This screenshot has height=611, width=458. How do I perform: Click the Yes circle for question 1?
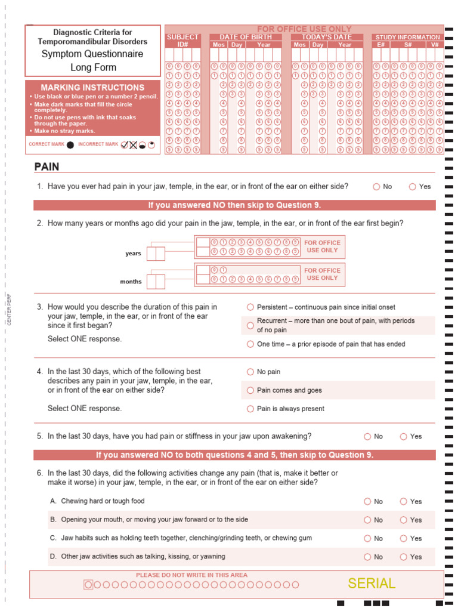pyautogui.click(x=412, y=187)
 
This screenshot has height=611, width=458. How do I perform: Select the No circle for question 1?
pyautogui.click(x=376, y=187)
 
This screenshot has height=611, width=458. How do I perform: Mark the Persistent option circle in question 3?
pyautogui.click(x=250, y=307)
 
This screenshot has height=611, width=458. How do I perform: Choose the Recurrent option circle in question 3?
pyautogui.click(x=250, y=325)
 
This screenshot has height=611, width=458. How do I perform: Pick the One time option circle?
pyautogui.click(x=250, y=344)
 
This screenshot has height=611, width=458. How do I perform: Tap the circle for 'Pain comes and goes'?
pyautogui.click(x=250, y=390)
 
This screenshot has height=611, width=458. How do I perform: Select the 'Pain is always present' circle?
pyautogui.click(x=250, y=409)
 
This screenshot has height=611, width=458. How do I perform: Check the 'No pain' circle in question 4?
pyautogui.click(x=250, y=372)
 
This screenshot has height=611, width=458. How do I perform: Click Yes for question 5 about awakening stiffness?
pyautogui.click(x=404, y=436)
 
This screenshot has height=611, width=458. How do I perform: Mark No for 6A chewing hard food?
pyautogui.click(x=367, y=502)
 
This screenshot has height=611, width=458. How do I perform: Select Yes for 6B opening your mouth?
pyautogui.click(x=404, y=520)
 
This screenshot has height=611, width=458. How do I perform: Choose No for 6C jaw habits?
pyautogui.click(x=367, y=538)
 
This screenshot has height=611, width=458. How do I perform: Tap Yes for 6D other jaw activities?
pyautogui.click(x=404, y=557)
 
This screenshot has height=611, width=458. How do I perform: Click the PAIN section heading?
pyautogui.click(x=47, y=166)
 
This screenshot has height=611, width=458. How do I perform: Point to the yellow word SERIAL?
pyautogui.click(x=372, y=584)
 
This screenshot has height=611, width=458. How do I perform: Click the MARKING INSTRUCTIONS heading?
pyautogui.click(x=92, y=87)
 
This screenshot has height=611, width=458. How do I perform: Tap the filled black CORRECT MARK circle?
pyautogui.click(x=70, y=144)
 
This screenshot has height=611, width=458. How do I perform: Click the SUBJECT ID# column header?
pyautogui.click(x=182, y=41)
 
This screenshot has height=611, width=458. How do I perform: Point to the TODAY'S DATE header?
pyautogui.click(x=326, y=37)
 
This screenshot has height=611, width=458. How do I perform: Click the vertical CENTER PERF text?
pyautogui.click(x=9, y=310)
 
